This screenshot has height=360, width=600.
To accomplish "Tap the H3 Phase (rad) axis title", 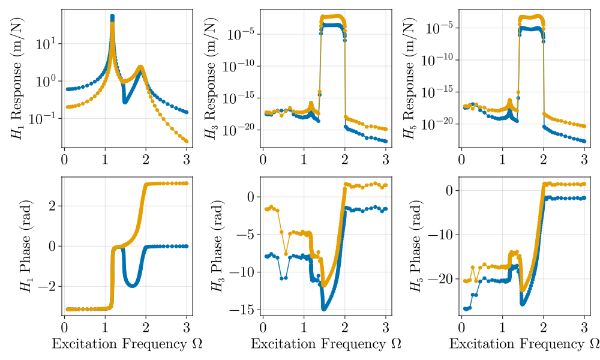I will coord(215,246).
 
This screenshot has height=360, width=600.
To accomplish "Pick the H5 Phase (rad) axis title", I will coord(415,246).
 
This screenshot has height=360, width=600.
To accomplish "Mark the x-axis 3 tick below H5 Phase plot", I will coord(584,327).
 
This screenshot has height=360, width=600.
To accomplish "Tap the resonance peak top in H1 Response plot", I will coord(112,16).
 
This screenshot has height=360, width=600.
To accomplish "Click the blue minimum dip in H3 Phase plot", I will coord(324,308).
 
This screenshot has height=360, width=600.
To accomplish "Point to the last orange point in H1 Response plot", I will coord(187,141).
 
